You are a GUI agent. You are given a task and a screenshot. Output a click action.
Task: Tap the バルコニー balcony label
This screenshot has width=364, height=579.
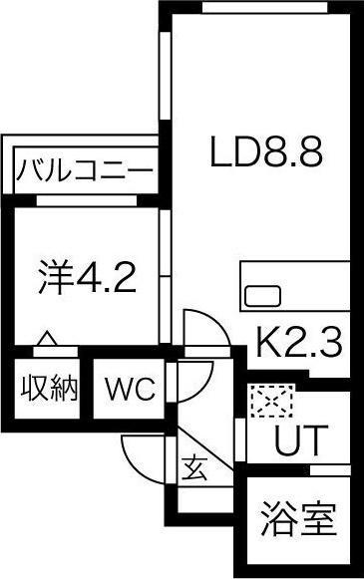pyautogui.click(x=85, y=170)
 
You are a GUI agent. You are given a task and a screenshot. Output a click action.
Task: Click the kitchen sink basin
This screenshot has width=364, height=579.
pyautogui.click(x=262, y=295)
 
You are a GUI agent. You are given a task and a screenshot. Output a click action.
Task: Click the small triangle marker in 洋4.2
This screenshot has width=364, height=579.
pyautogui.click(x=45, y=339)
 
